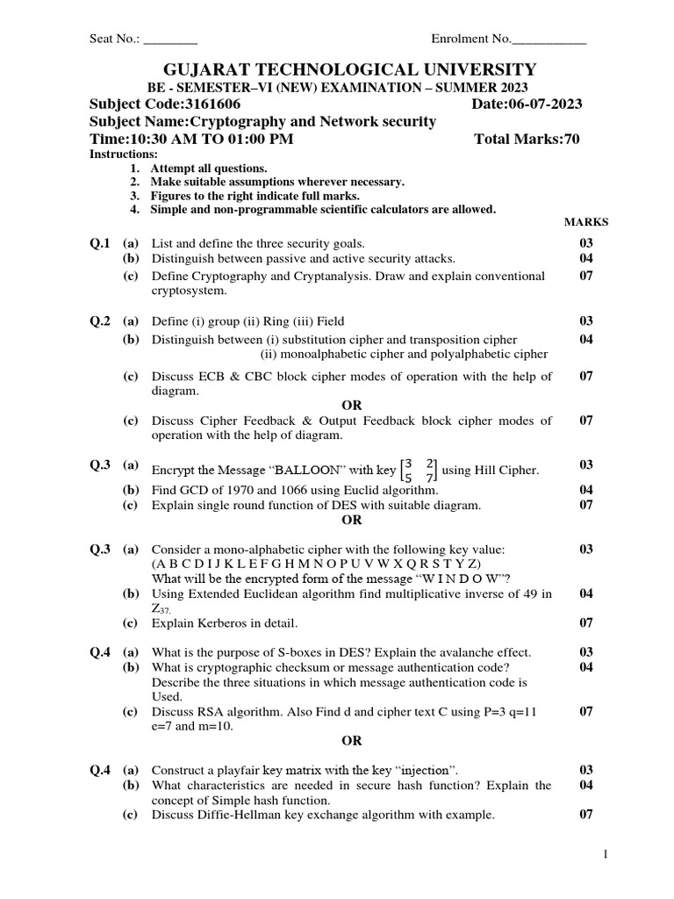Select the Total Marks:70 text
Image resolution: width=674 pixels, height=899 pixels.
pyautogui.click(x=527, y=139)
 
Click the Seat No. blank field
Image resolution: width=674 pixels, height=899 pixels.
pyautogui.click(x=170, y=40)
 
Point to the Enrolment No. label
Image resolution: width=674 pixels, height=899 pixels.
pyautogui.click(x=470, y=40)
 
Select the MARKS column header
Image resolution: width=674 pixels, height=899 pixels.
pyautogui.click(x=585, y=222)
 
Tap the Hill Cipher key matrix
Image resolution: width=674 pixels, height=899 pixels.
pyautogui.click(x=418, y=471)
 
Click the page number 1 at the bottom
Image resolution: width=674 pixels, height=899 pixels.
pyautogui.click(x=605, y=853)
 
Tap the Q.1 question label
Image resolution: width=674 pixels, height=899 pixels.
pyautogui.click(x=100, y=243)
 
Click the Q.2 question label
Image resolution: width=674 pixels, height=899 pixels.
pyautogui.click(x=100, y=322)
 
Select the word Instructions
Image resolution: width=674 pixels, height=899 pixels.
pyautogui.click(x=124, y=155)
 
